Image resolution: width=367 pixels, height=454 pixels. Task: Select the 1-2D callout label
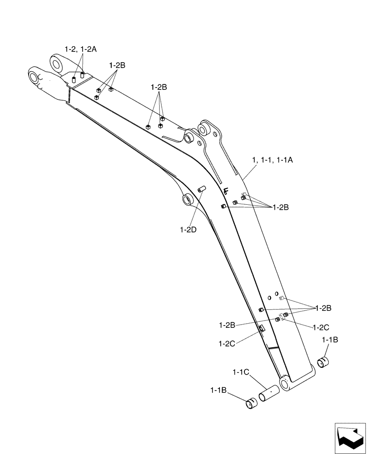coord(188,230)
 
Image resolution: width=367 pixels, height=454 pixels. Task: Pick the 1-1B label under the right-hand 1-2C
coord(330,339)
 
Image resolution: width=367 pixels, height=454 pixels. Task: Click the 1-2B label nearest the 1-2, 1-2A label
coord(117,65)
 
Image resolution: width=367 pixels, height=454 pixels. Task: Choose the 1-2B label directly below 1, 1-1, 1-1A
coord(280,207)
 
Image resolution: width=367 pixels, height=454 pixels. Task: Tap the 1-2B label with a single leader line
coord(227,325)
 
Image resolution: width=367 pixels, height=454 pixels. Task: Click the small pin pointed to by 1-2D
coord(202,188)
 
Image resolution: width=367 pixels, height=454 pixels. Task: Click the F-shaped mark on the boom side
coord(227,192)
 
